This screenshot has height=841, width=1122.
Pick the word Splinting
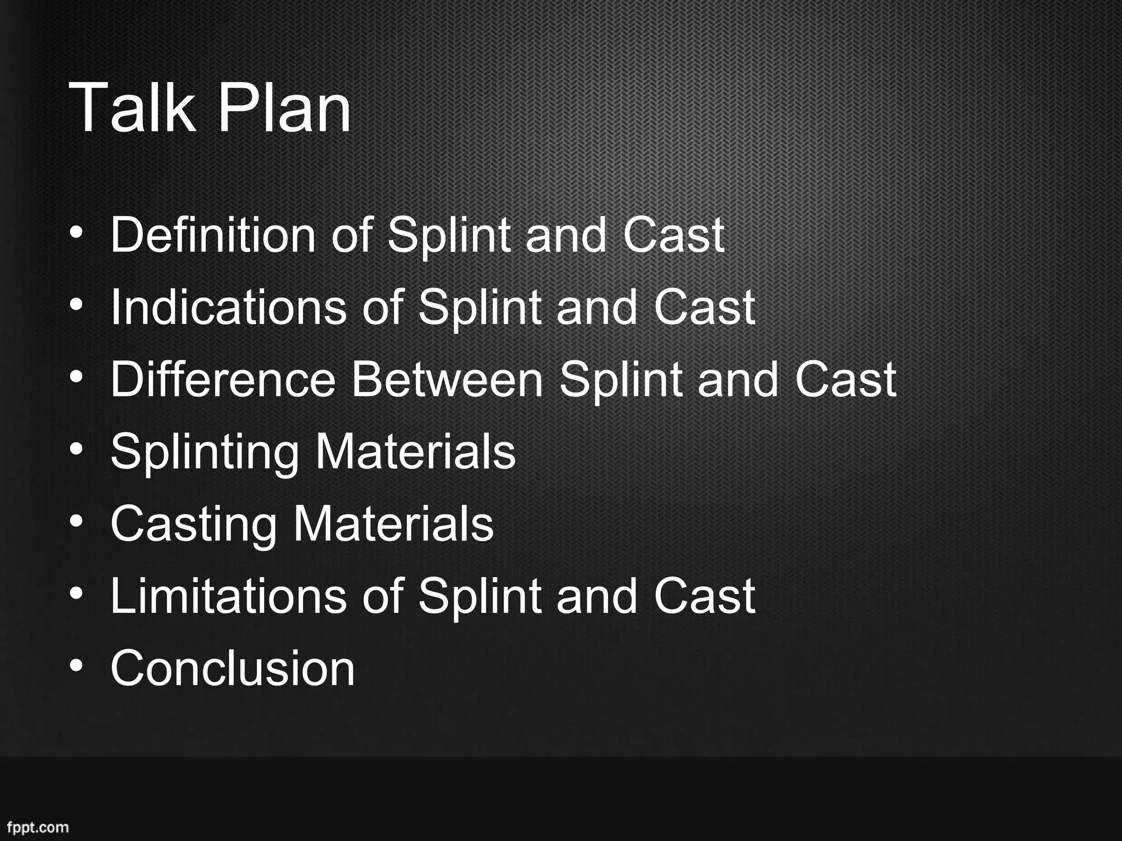tap(204, 452)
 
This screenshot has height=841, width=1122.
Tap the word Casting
tap(193, 524)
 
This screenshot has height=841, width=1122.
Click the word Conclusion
tap(233, 668)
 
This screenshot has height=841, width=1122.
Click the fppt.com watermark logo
tap(38, 827)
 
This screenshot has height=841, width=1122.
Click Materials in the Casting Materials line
tap(393, 524)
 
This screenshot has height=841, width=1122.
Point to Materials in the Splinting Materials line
tap(415, 452)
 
